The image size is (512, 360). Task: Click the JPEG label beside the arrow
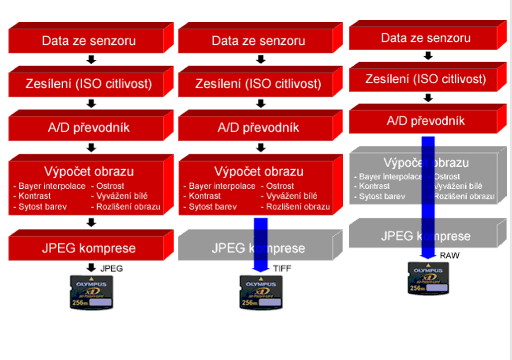(x=112, y=268)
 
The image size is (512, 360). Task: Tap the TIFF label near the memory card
(x=282, y=269)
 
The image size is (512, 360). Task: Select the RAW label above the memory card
(x=450, y=255)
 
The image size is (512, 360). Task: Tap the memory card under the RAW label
(x=429, y=279)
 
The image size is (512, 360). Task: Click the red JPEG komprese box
(x=89, y=248)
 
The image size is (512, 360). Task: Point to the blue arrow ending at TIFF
(x=260, y=244)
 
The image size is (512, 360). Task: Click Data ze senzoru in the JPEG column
(x=89, y=41)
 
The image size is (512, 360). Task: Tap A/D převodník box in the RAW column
(x=426, y=121)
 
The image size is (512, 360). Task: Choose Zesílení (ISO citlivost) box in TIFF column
(x=258, y=84)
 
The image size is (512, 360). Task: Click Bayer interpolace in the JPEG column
(x=52, y=186)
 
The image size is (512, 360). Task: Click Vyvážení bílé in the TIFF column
(x=292, y=196)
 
